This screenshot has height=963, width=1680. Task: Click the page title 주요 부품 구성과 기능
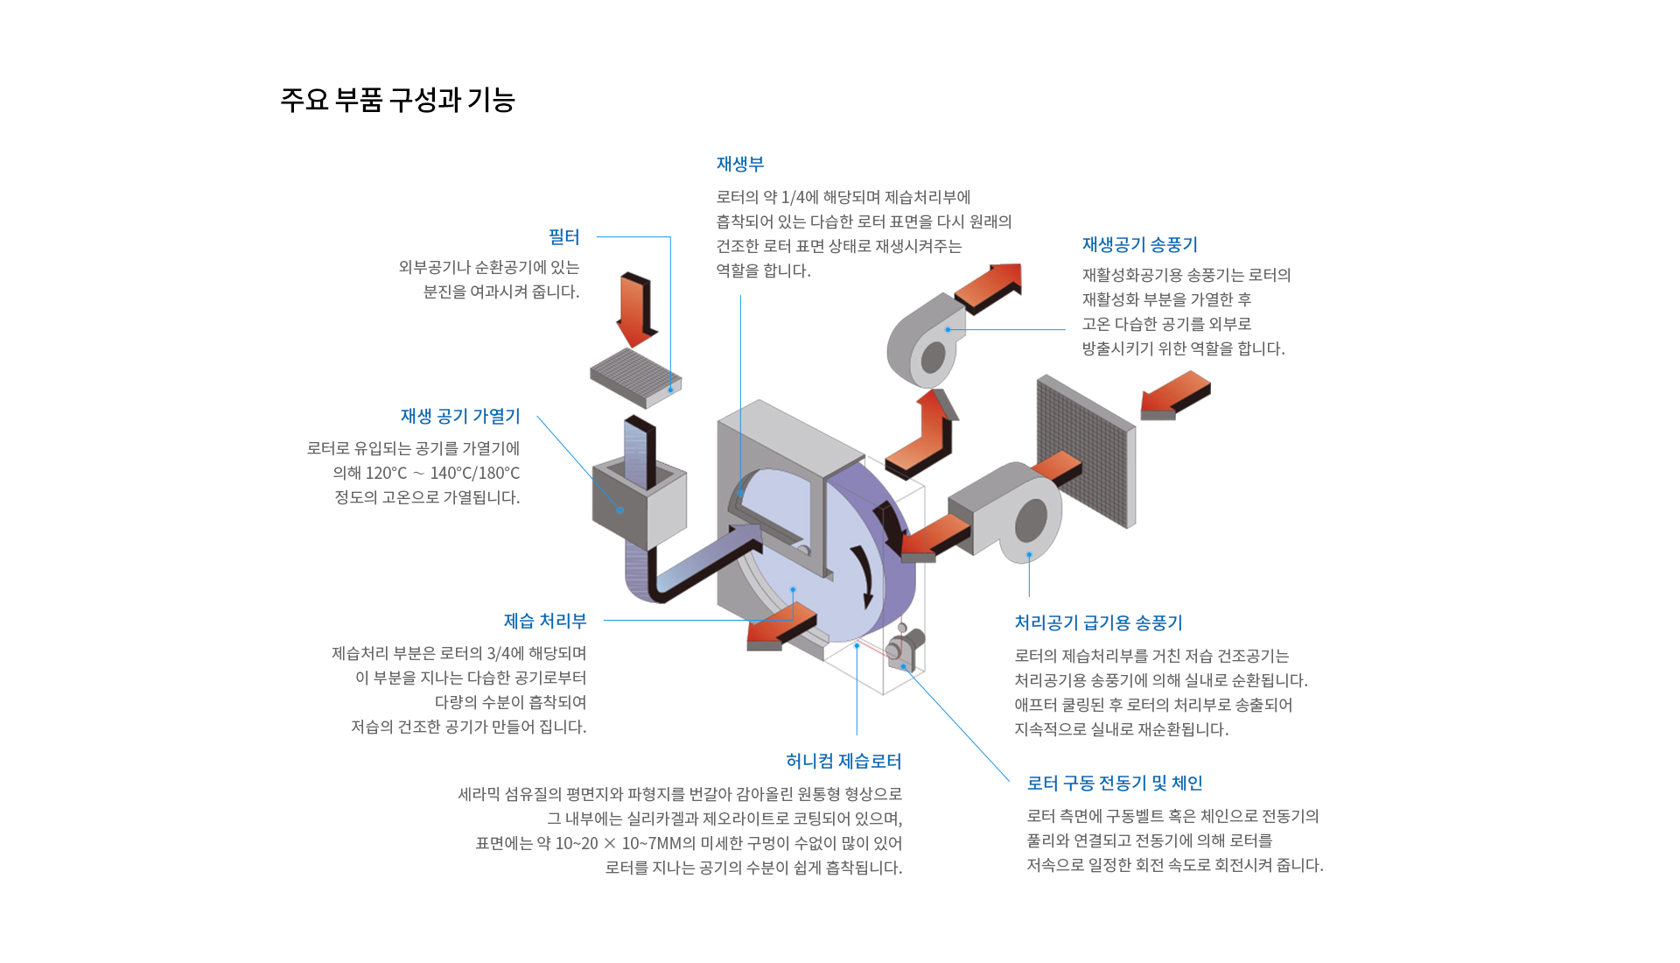[397, 100]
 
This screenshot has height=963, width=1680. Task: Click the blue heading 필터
[563, 237]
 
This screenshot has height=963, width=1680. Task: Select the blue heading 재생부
[740, 165]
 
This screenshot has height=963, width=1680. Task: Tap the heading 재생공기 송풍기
[1139, 245]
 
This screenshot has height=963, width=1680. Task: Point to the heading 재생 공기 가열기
[460, 417]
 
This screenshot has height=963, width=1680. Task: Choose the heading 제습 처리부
[545, 622]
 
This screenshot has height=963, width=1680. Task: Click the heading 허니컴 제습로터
[843, 762]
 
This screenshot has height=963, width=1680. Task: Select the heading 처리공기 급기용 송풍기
[1098, 623]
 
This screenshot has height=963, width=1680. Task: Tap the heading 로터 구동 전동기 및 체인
[1115, 784]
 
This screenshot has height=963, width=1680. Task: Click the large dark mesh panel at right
[1085, 450]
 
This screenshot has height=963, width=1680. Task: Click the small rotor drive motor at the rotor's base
[905, 648]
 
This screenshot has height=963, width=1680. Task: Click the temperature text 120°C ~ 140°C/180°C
[426, 474]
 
